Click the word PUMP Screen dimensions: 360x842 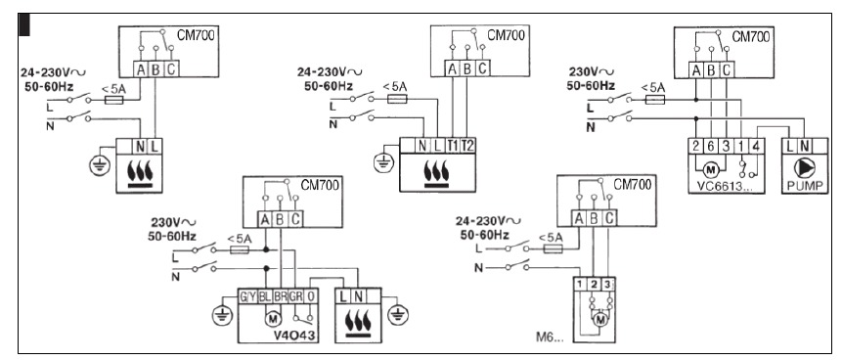[x=801, y=182]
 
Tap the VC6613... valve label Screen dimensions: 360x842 [x=718, y=184]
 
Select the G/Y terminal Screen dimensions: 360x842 [x=248, y=294]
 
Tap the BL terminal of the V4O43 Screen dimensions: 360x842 [x=266, y=294]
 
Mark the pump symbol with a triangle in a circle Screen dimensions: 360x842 [x=801, y=166]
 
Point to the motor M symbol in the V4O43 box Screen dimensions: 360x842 [x=273, y=317]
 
